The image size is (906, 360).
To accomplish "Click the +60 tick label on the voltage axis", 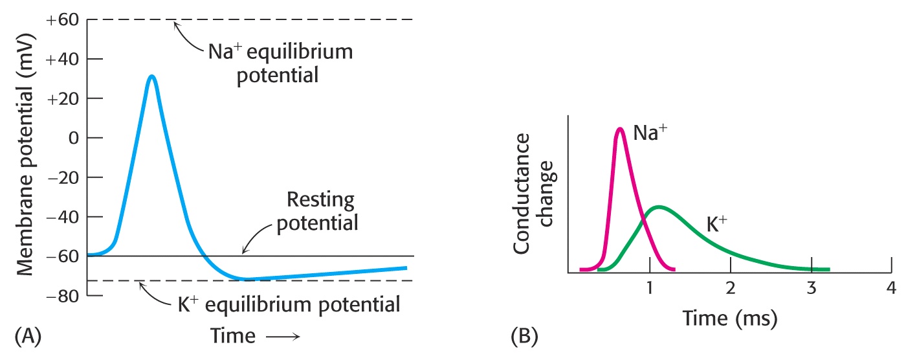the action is (x=62, y=19).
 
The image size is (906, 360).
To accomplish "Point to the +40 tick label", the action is (x=62, y=59).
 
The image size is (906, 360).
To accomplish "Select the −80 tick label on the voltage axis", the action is (x=62, y=296).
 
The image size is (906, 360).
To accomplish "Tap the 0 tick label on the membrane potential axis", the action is (x=74, y=138).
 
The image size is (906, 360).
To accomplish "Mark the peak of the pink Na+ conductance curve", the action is (x=620, y=129).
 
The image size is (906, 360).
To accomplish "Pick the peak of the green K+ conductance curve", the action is (x=659, y=207).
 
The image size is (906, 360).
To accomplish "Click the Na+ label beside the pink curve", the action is (x=650, y=133).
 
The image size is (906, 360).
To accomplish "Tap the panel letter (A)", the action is (x=28, y=337).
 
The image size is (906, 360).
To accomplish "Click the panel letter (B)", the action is (x=524, y=337).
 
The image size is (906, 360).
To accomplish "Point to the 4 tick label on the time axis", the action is (x=891, y=288).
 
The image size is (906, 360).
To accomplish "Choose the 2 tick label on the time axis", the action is (x=731, y=288).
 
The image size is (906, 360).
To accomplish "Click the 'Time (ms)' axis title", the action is (x=730, y=319).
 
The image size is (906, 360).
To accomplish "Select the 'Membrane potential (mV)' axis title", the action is (x=25, y=155).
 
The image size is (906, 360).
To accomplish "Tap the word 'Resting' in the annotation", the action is (x=320, y=200).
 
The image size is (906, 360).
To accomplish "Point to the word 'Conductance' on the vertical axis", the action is (x=522, y=194).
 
